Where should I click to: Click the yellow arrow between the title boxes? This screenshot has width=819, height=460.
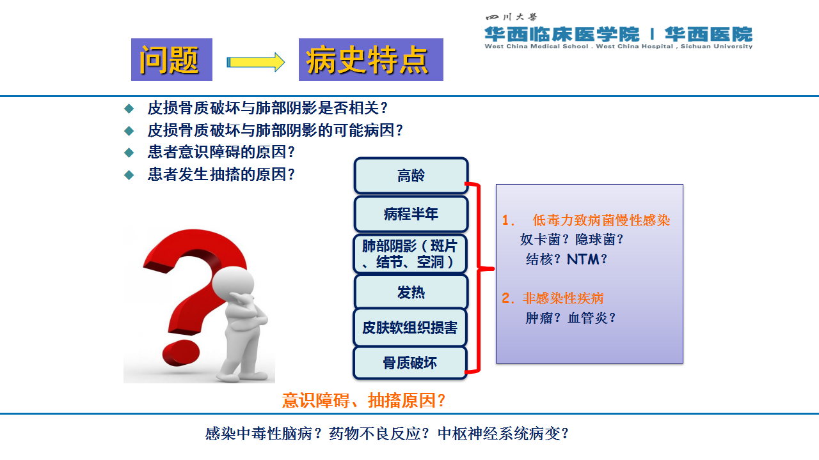[x=255, y=62]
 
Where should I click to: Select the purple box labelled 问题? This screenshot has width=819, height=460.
[x=172, y=59]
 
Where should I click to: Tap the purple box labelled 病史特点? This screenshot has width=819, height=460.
[x=371, y=59]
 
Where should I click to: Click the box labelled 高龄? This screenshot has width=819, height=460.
[x=411, y=176]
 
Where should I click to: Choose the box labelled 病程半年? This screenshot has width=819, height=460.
[x=411, y=214]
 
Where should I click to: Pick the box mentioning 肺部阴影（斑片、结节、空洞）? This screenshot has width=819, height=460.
[x=410, y=254]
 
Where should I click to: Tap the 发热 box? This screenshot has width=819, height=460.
[x=411, y=292]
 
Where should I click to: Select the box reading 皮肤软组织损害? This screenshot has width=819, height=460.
[x=410, y=328]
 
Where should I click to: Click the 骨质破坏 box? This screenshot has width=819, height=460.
[x=410, y=363]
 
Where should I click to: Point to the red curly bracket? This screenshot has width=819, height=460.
[x=478, y=277]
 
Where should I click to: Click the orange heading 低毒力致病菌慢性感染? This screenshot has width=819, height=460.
[x=601, y=220]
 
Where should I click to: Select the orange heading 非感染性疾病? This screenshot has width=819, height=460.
[x=563, y=298]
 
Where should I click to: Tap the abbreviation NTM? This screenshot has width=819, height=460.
[x=583, y=259]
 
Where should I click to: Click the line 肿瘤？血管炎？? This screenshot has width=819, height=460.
[x=571, y=318]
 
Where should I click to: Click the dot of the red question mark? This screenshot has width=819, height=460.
[x=181, y=353]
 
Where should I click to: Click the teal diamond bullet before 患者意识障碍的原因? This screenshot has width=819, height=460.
[x=129, y=153]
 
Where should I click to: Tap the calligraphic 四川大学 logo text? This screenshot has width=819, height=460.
[x=511, y=17]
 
